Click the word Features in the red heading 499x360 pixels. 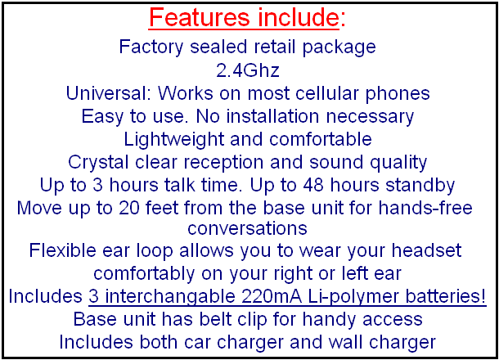tap(200, 17)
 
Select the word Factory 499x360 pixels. tap(151, 47)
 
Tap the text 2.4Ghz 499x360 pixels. tap(248, 70)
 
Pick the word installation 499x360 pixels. tap(272, 116)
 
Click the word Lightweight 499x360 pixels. tap(174, 140)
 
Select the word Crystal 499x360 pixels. tap(98, 162)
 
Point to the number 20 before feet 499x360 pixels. tap(129, 208)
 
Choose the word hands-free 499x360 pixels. tap(425, 208)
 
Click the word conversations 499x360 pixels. tap(247, 228)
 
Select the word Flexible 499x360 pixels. tap(63, 250)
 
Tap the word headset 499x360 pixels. tap(426, 250)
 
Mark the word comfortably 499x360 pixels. tap(144, 274)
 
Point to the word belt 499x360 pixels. tap(215, 319)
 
